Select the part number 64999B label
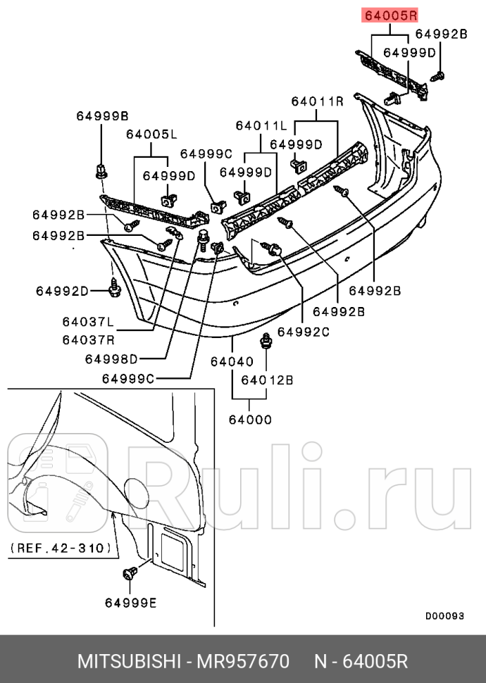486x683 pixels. pos(102,116)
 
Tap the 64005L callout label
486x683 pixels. pos(151,134)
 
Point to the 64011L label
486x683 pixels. pos(261,125)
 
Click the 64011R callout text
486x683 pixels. pos(317,101)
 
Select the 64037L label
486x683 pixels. pos(87,322)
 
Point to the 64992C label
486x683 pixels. pos(303,332)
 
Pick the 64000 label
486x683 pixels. pos(249,420)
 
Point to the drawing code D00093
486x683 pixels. pos(444,615)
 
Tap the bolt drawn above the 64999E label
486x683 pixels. pos(130,574)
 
